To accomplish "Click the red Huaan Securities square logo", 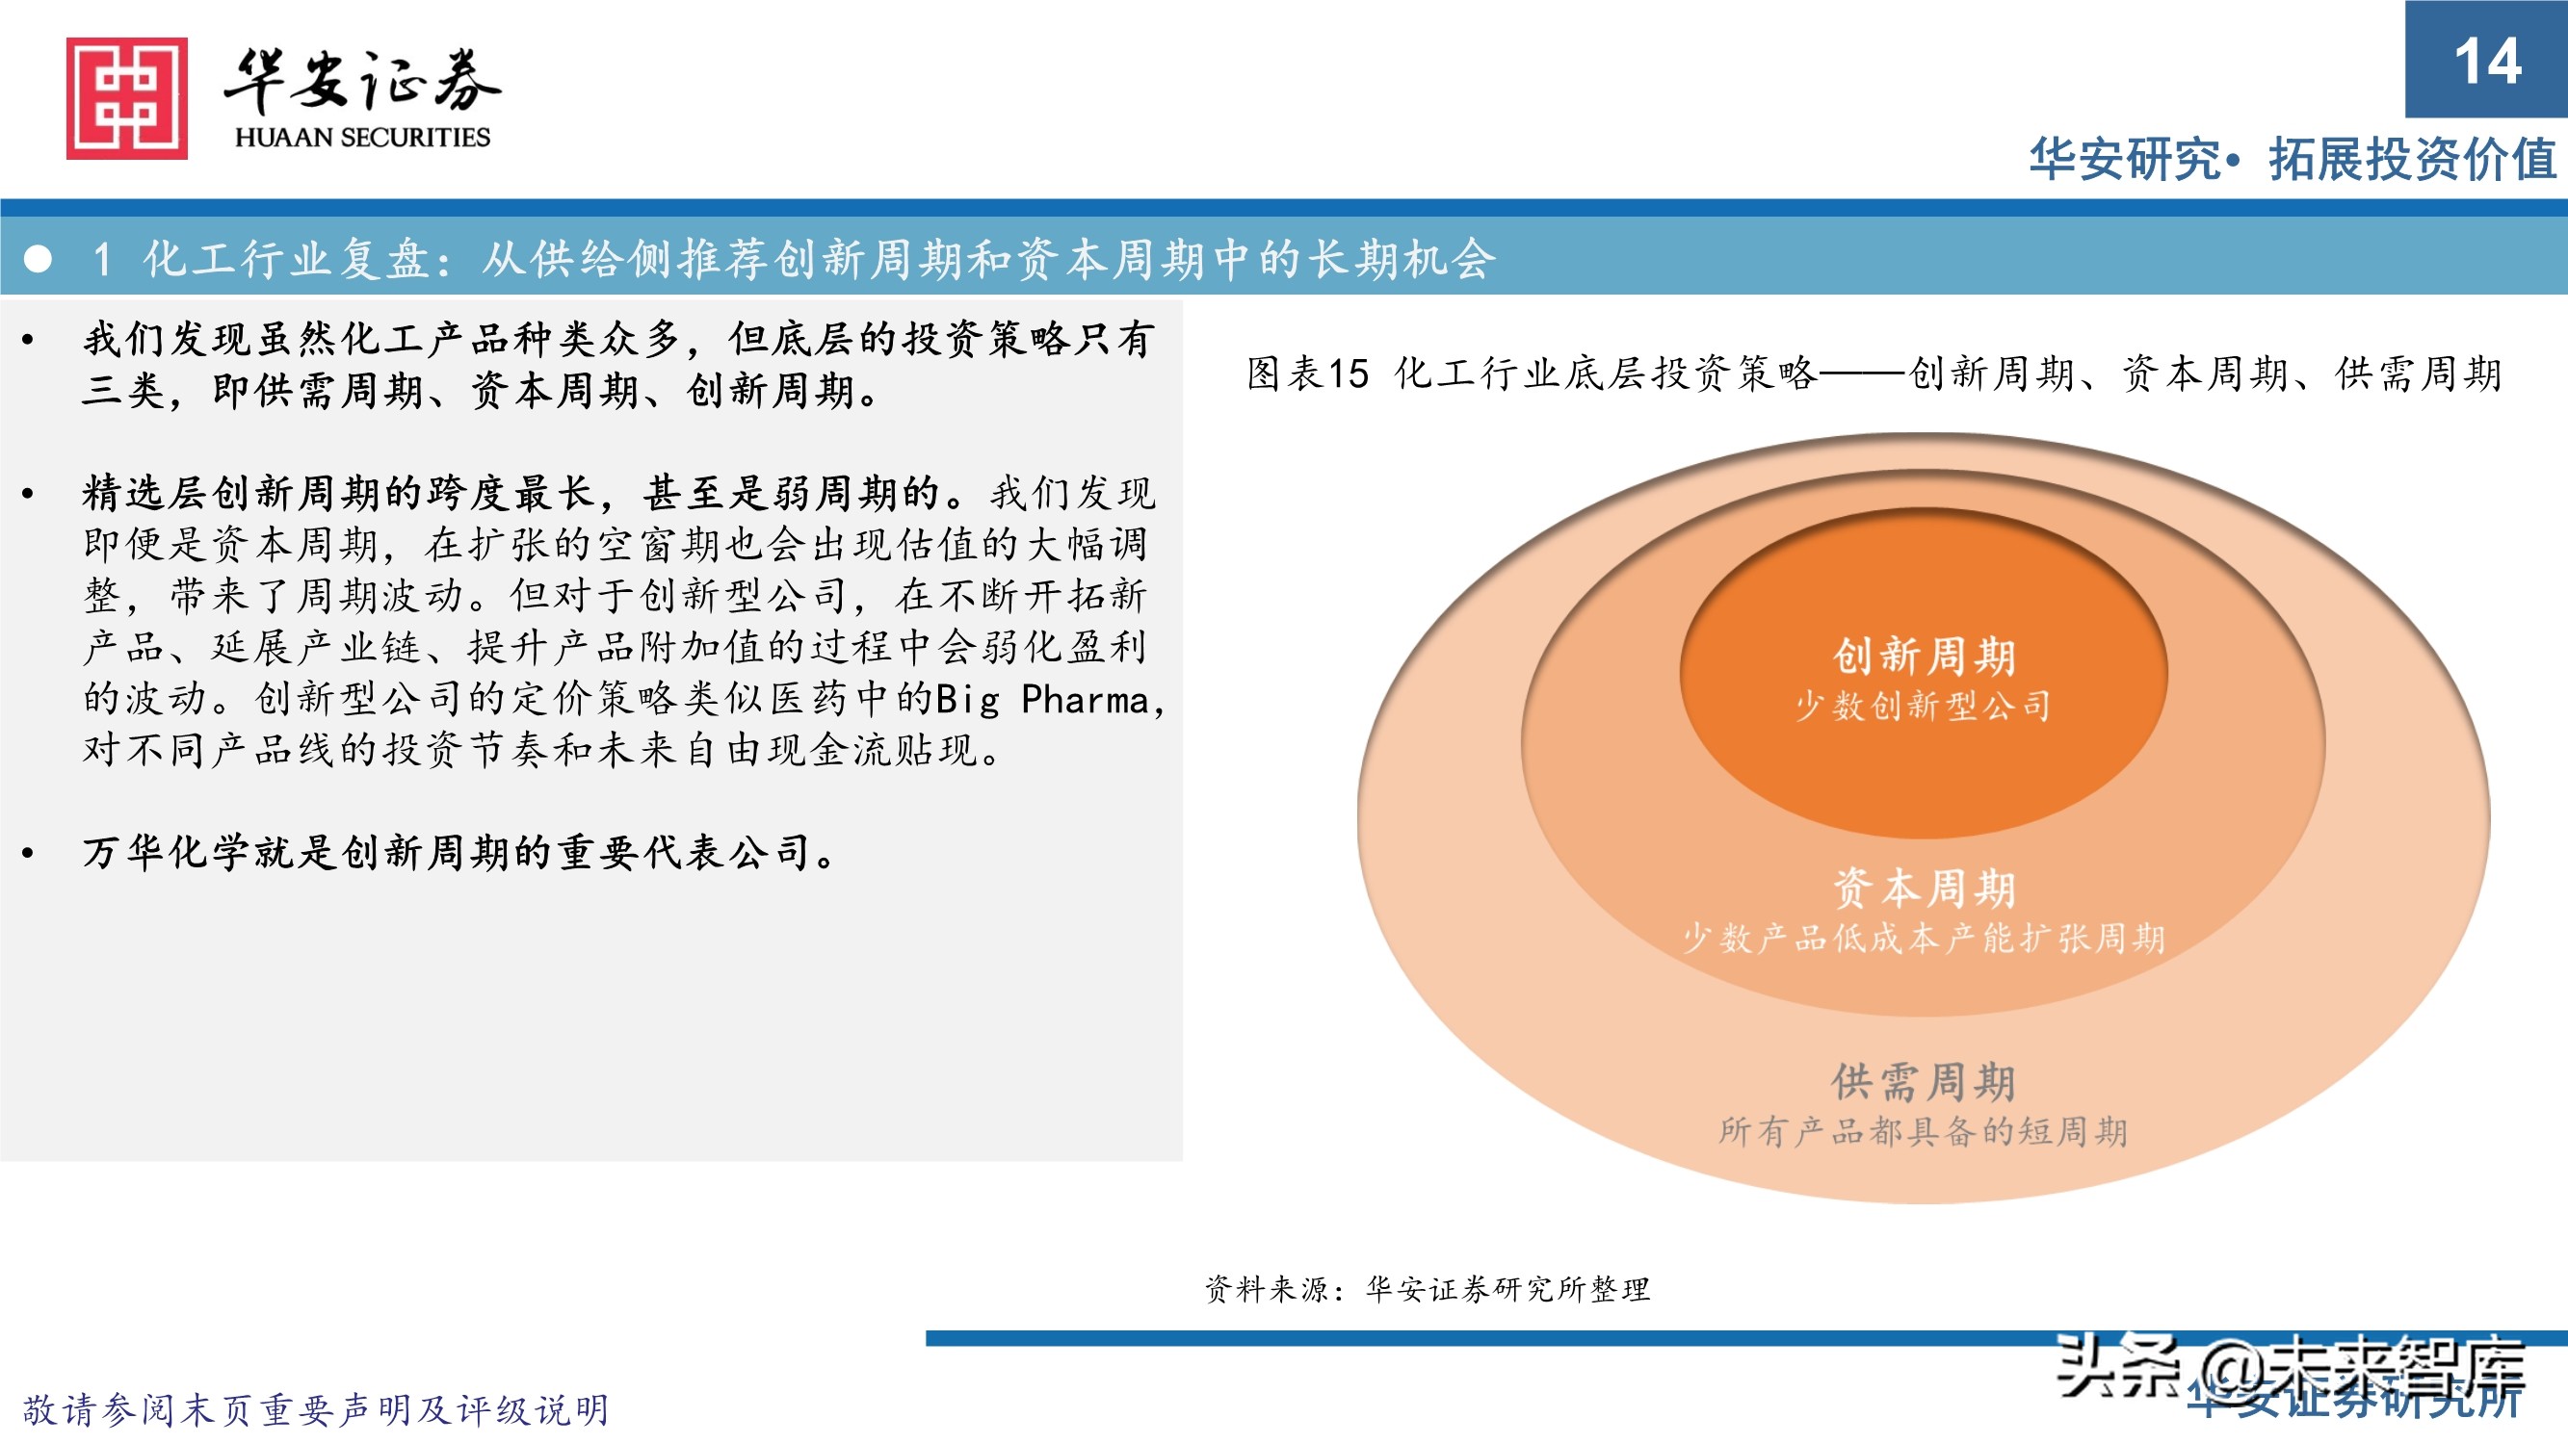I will tap(126, 97).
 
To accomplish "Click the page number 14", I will tap(2487, 62).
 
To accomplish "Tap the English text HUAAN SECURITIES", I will tap(362, 138).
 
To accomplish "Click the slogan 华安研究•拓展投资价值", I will tap(2292, 160).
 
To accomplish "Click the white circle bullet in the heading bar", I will tap(38, 259).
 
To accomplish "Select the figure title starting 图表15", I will tap(1874, 374).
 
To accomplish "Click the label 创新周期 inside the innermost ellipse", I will tap(1924, 656).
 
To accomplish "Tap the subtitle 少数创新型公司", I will tap(1923, 706).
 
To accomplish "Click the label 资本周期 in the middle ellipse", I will tap(1924, 888).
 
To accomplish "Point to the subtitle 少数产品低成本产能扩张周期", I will tap(1923, 938).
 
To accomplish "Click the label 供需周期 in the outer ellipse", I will tap(1924, 1081).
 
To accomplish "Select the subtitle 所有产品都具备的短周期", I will tap(1923, 1131).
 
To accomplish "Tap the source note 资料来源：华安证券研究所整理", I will tap(1427, 1290).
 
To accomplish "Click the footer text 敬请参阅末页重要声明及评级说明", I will tap(315, 1410).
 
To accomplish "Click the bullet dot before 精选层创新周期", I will tap(28, 493).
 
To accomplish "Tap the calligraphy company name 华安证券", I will tap(362, 82).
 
